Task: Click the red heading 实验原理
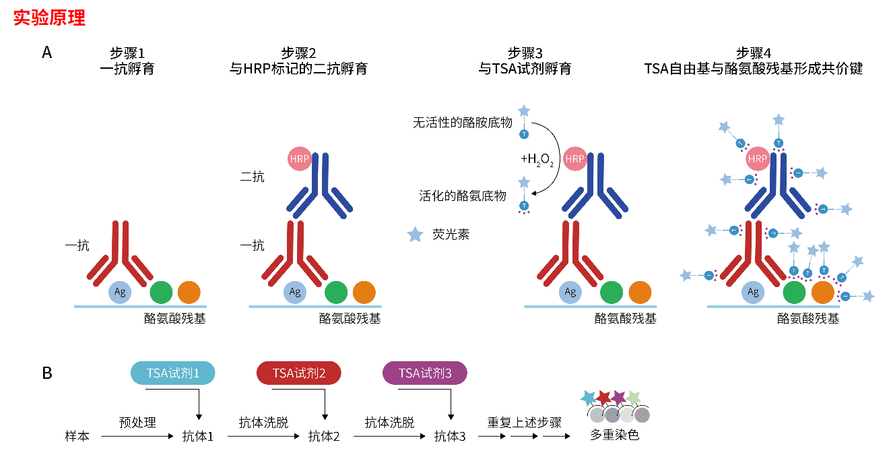[x=50, y=18]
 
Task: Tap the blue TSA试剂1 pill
[x=173, y=373]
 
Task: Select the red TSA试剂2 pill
[x=299, y=373]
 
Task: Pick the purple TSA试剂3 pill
[x=425, y=373]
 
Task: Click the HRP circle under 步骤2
[x=300, y=159]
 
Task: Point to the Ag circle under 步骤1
[x=120, y=292]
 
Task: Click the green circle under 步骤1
[x=161, y=293]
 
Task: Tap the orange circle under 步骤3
[x=640, y=293]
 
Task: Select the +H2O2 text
[x=536, y=159]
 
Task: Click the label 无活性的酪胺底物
[x=463, y=123]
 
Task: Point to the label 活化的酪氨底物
[x=463, y=195]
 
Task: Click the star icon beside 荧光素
[x=416, y=235]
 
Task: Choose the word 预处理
[x=137, y=423]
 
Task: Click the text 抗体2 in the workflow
[x=324, y=436]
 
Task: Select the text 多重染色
[x=614, y=435]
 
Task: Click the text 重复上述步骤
[x=524, y=423]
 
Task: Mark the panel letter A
[x=46, y=53]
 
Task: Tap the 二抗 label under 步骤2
[x=253, y=177]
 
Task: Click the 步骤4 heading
[x=753, y=53]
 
